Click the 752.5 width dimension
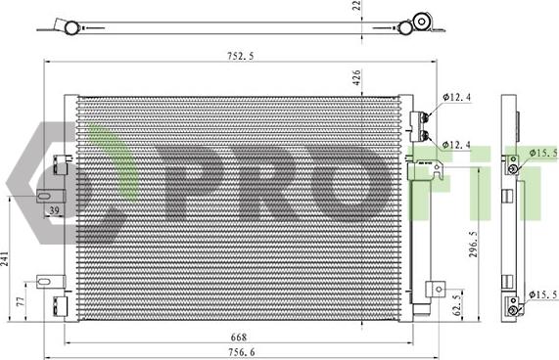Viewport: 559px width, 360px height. (x=238, y=57)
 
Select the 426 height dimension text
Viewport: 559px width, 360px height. (x=359, y=79)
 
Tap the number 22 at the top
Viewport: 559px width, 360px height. (x=358, y=7)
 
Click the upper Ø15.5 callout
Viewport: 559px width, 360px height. (x=542, y=153)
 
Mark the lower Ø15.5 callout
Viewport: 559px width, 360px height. (x=542, y=293)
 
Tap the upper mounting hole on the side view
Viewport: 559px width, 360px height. (x=510, y=168)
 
